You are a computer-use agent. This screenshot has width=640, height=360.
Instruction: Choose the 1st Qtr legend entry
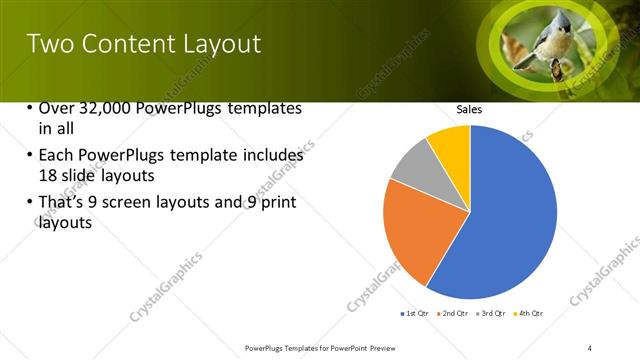pyautogui.click(x=415, y=314)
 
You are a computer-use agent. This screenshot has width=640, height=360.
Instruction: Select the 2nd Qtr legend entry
pyautogui.click(x=454, y=314)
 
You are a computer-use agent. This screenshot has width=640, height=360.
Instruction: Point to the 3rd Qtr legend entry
pyautogui.click(x=492, y=314)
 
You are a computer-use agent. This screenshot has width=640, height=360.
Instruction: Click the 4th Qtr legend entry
pyautogui.click(x=530, y=314)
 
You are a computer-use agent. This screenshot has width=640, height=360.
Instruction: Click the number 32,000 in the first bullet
pyautogui.click(x=105, y=108)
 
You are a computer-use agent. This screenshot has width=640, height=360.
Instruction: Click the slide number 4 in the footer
pyautogui.click(x=603, y=347)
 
